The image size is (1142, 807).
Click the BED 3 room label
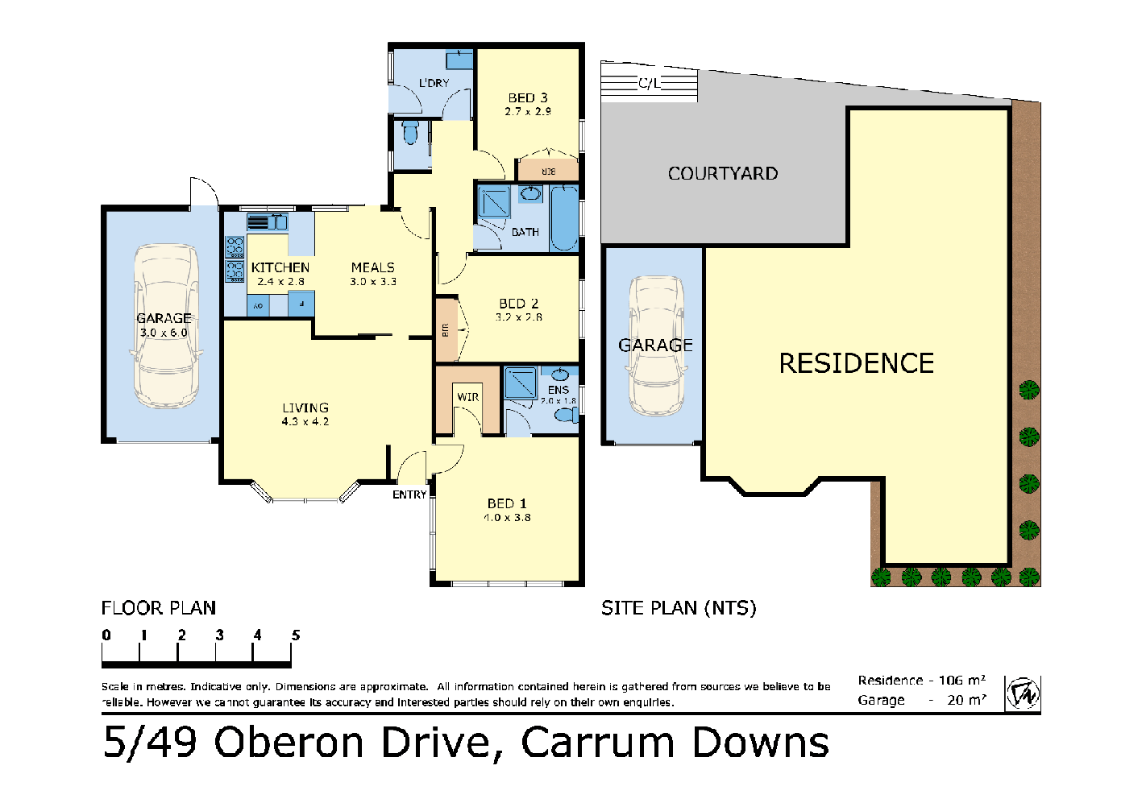528,97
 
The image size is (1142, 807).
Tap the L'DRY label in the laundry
434,83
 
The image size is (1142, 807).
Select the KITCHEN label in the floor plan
280,267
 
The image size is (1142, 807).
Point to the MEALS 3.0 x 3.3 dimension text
373,282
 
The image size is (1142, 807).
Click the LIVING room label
305,408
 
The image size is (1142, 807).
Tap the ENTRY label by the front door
409,495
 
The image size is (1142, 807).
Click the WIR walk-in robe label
467,397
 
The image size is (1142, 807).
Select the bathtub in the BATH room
564,218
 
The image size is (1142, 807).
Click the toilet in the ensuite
567,416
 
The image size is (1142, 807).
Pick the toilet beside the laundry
410,133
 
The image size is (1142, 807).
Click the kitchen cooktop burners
235,259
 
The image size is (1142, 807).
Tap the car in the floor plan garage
165,326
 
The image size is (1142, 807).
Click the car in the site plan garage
656,346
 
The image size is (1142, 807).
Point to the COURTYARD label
723,173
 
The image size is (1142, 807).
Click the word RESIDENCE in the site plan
856,363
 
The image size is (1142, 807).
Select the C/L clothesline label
649,83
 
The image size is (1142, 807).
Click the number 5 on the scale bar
296,635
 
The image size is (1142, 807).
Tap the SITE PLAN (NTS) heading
679,608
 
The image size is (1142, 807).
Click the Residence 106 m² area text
921,681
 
